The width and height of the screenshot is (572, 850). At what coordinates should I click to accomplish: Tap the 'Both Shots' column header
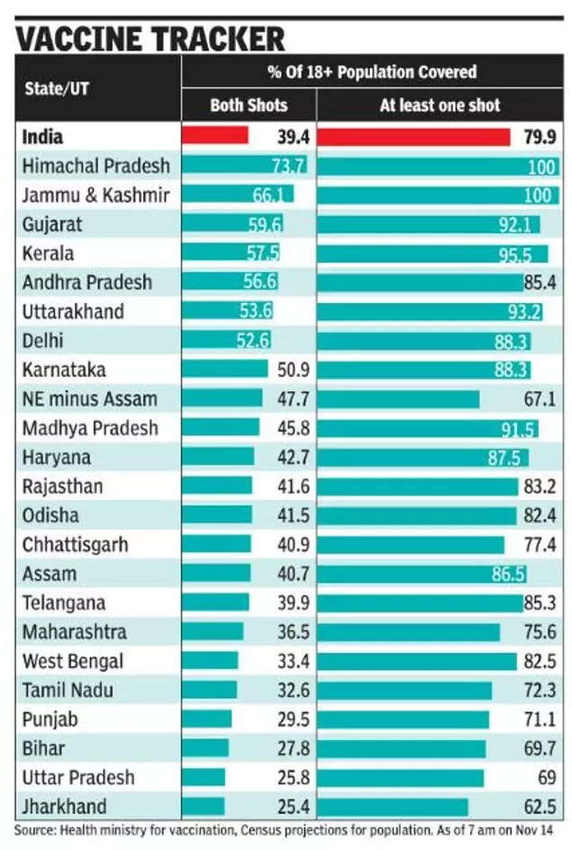[249, 105]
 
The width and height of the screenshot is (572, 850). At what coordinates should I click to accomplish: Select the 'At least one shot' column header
[440, 105]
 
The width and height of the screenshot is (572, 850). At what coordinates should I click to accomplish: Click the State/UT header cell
[57, 89]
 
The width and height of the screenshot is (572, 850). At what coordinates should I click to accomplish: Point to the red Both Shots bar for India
[215, 135]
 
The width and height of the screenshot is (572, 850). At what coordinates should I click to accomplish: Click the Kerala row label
[49, 252]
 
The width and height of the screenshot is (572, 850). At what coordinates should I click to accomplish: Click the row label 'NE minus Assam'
[90, 398]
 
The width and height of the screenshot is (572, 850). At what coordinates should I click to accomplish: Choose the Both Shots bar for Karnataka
[225, 370]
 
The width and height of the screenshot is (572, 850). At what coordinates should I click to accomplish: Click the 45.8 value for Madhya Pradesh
[294, 428]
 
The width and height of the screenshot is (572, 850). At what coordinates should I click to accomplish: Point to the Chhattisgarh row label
[76, 544]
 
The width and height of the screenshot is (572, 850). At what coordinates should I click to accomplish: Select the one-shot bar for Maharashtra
[409, 632]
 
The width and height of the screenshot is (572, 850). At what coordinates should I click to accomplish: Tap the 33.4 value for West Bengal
[294, 662]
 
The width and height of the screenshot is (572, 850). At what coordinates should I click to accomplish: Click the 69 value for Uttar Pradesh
[548, 778]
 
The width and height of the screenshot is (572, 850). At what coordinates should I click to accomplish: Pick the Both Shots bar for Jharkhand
[204, 807]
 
